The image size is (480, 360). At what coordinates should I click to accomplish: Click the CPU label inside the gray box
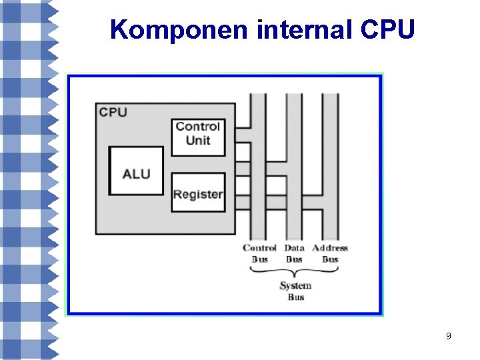(113, 112)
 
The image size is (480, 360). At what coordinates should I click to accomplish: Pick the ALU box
(136, 171)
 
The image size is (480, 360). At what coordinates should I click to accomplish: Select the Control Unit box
(198, 137)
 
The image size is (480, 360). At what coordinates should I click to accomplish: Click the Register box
(198, 193)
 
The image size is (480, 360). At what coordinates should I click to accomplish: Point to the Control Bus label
(259, 253)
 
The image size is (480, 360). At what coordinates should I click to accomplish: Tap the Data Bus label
(294, 253)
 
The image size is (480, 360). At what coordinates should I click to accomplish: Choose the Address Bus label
(330, 253)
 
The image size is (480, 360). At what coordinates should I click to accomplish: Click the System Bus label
(295, 291)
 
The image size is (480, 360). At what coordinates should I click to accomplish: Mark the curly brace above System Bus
(295, 272)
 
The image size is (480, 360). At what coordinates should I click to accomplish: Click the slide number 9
(449, 336)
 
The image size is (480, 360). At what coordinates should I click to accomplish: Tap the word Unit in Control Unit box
(198, 140)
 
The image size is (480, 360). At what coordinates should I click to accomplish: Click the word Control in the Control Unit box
(198, 127)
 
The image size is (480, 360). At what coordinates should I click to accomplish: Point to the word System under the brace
(295, 286)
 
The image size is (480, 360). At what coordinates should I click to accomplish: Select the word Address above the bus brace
(330, 248)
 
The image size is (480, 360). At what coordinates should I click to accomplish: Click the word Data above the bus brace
(294, 248)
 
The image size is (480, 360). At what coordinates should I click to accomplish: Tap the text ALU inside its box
(136, 174)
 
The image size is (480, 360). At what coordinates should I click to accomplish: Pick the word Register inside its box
(198, 195)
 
